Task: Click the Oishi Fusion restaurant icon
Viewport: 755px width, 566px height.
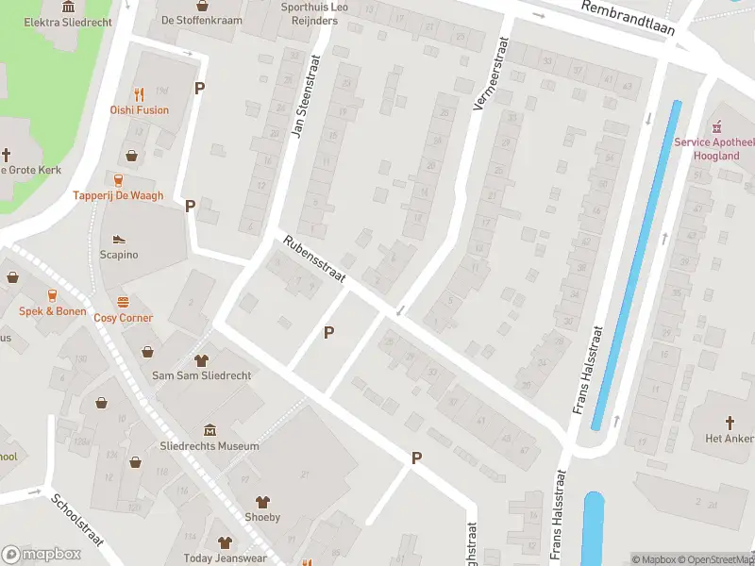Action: (x=139, y=93)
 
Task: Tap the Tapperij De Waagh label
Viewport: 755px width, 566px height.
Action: (x=118, y=196)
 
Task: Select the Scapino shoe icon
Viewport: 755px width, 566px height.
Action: (x=119, y=240)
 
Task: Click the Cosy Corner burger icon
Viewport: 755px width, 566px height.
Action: (x=123, y=302)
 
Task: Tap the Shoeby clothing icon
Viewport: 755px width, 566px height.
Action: (x=262, y=502)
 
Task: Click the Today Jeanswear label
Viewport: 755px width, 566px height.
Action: (x=225, y=558)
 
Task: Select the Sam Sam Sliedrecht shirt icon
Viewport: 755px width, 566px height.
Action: (x=201, y=359)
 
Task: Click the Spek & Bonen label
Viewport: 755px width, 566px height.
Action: (x=52, y=311)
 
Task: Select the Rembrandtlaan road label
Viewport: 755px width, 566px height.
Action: (x=629, y=19)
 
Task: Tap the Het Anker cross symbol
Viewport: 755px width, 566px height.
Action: (x=730, y=423)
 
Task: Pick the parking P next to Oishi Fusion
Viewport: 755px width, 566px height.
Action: (x=199, y=89)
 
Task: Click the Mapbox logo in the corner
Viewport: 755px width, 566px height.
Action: (x=42, y=555)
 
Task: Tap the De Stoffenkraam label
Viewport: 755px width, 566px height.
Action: (x=201, y=20)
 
